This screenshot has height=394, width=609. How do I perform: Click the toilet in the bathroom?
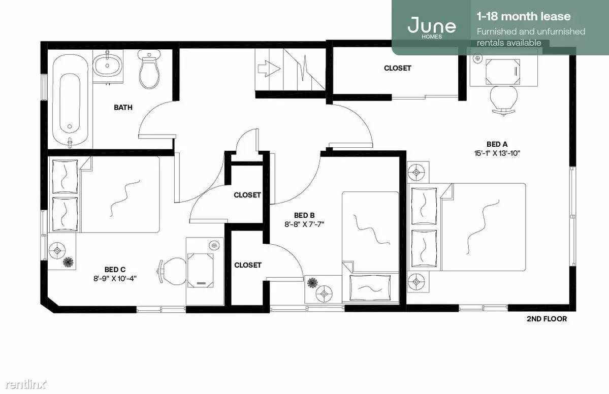(x=148, y=69)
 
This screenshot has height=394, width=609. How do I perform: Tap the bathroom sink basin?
(x=108, y=65)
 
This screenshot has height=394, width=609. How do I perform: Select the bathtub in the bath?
(x=70, y=102)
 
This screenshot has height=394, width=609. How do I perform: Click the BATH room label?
(x=123, y=107)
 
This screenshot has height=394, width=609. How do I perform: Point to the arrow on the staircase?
(x=269, y=69)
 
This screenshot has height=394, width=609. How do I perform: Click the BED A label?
(x=497, y=144)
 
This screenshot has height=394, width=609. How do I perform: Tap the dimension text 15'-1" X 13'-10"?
(x=497, y=153)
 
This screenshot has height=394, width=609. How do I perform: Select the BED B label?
(x=304, y=215)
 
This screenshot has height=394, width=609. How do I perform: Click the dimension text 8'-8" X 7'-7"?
(x=304, y=224)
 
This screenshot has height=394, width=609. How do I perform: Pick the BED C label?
(x=115, y=270)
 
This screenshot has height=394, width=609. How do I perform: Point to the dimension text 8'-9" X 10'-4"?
(x=115, y=279)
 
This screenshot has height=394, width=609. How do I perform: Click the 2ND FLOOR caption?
(x=547, y=319)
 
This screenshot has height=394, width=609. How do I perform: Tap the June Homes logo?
(x=432, y=26)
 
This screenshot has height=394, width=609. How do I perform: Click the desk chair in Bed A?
(x=504, y=100)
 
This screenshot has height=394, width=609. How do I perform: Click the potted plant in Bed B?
(x=311, y=282)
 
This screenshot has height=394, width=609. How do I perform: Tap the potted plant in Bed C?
(x=69, y=262)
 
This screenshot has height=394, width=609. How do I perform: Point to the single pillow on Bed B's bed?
(x=370, y=288)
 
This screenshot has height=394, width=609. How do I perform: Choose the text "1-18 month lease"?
(x=524, y=16)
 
